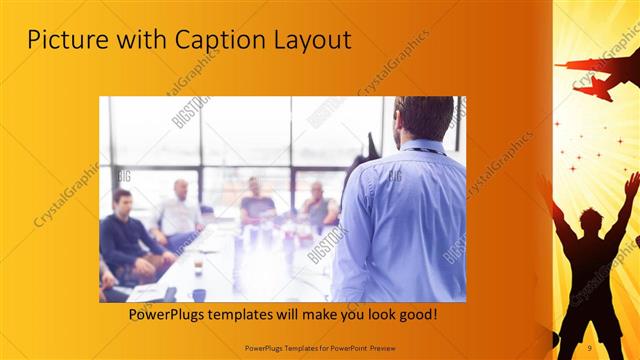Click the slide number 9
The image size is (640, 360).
click(x=590, y=346)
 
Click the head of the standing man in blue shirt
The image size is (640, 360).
click(x=423, y=119)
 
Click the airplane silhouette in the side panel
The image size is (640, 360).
click(x=597, y=75)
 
